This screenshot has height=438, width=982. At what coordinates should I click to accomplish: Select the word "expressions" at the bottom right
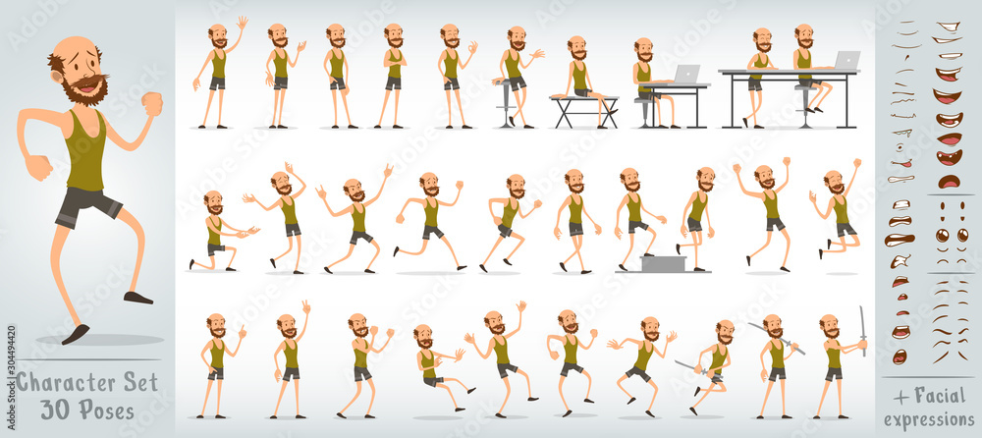pyautogui.click(x=928, y=419)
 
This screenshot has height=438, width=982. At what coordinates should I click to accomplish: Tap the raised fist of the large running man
pyautogui.click(x=151, y=103)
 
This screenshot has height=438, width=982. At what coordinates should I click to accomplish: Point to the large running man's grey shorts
pyautogui.click(x=87, y=205)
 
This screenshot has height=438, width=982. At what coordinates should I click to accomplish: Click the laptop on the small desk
pyautogui.click(x=686, y=75)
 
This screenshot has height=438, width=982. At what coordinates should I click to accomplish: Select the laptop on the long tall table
pyautogui.click(x=846, y=61)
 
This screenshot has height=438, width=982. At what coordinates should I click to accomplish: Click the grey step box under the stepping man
pyautogui.click(x=662, y=262)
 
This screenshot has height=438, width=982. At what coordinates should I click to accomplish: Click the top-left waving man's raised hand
pyautogui.click(x=242, y=22)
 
